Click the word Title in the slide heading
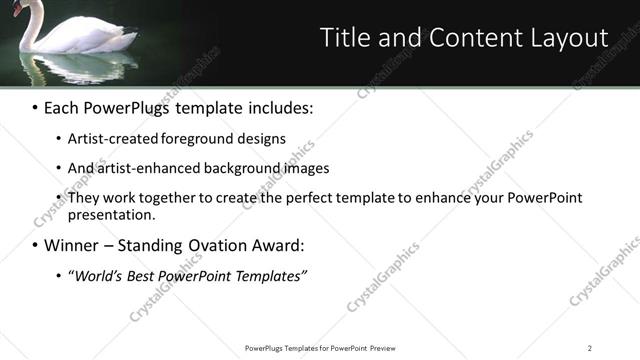click(x=343, y=37)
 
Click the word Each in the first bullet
click(x=62, y=106)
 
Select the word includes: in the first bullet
click(x=276, y=106)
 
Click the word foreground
click(x=201, y=139)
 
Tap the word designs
click(x=262, y=139)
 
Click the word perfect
click(x=302, y=198)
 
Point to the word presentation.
click(x=110, y=214)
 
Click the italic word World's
click(x=98, y=276)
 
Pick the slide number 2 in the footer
click(x=589, y=348)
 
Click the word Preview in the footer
click(x=388, y=348)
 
